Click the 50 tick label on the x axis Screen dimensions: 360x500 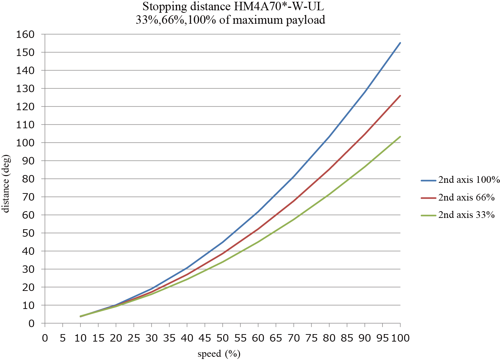coord(223,338)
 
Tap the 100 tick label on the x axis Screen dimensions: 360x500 coord(400,338)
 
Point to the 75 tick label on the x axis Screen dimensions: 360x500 coord(312,338)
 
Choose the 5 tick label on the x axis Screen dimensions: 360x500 coord(63,338)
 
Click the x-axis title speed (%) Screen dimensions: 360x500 coord(219,354)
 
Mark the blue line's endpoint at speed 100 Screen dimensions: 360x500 coord(400,43)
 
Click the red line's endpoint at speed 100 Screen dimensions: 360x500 coord(400,95)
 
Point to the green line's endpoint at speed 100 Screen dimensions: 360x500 coord(400,136)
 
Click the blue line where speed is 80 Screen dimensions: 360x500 coord(329,136)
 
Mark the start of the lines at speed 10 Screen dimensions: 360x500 coord(80,316)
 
